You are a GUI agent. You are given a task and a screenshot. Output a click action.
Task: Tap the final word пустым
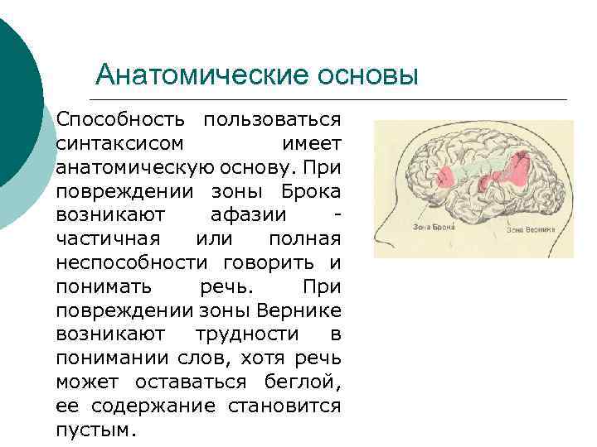95,430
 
